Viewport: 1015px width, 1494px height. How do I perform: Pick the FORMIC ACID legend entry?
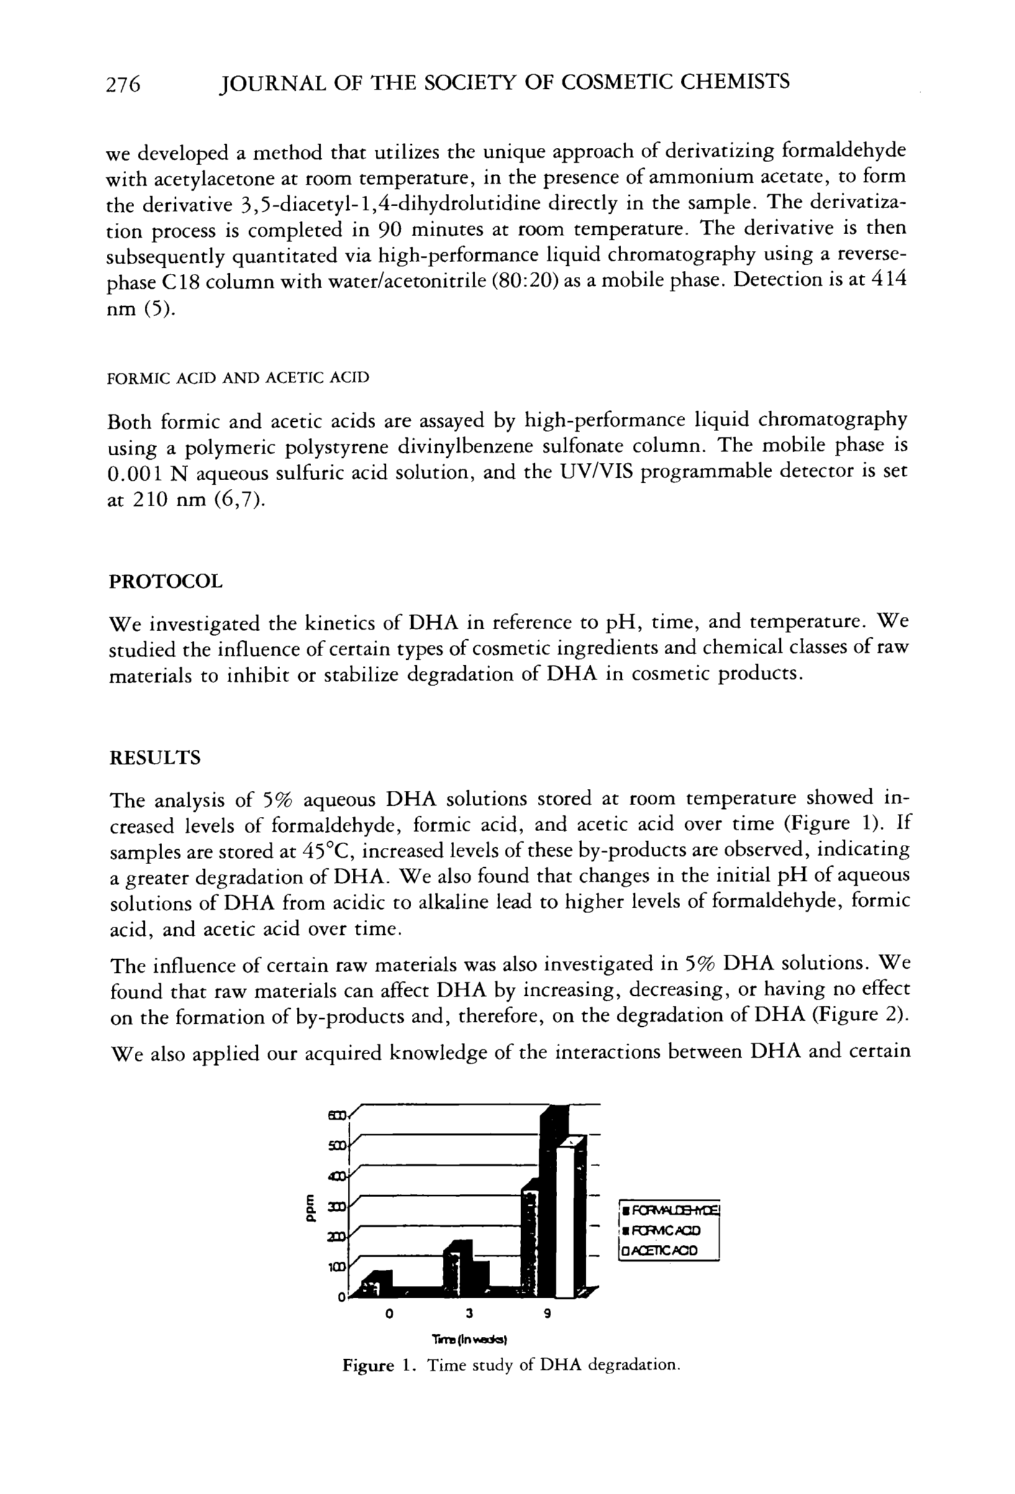663,1231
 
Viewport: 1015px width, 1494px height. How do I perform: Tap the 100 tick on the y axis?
338,1268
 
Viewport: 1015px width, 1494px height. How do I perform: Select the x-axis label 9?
547,1314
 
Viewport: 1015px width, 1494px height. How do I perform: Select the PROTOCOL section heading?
165,582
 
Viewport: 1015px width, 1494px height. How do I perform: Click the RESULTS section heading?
155,758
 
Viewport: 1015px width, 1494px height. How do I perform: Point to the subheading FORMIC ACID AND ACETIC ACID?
237,377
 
